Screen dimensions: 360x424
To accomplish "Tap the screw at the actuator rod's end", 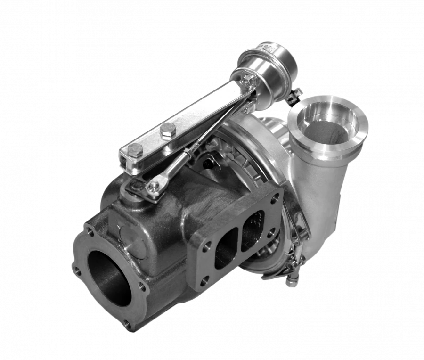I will [152, 188].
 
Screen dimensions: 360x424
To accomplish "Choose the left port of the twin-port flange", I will [225, 254].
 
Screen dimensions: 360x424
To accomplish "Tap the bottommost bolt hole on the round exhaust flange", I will [126, 324].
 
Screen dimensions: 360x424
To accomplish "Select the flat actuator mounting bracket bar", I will [188, 121].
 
